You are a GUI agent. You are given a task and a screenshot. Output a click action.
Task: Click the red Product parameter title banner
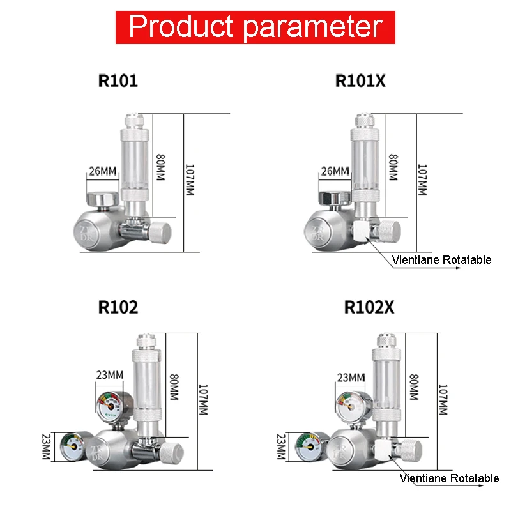[x=256, y=26]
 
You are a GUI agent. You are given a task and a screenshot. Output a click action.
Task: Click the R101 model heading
[x=118, y=81]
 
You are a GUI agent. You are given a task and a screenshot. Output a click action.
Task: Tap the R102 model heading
[x=118, y=307]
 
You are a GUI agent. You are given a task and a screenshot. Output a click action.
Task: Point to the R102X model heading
[x=369, y=307]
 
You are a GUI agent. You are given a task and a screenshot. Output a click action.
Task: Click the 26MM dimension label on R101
[x=102, y=171]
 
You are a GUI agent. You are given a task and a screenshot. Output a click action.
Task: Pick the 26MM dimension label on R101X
[x=335, y=171]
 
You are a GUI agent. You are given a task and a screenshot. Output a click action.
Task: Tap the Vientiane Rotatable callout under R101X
[x=442, y=260]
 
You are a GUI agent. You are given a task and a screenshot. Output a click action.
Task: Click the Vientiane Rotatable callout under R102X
[x=450, y=478]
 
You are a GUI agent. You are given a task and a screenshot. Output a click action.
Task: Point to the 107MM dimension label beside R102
[x=203, y=400]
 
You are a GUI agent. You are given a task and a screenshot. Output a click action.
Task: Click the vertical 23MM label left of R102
[x=46, y=445]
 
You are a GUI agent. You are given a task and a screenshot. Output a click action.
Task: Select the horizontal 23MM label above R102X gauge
[x=351, y=378]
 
